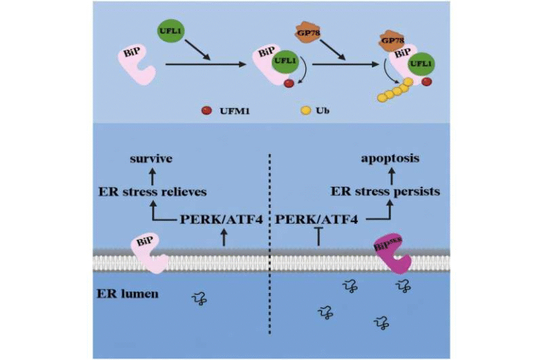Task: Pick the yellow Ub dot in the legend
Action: click(305, 111)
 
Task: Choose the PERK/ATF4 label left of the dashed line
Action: click(221, 220)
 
